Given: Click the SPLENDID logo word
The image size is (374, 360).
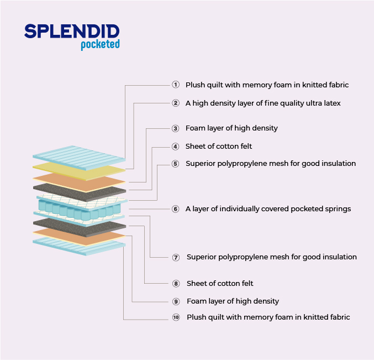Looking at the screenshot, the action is point(72,31).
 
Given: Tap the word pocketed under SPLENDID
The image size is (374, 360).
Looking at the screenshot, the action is point(100,44).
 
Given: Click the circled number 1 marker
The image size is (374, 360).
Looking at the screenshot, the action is point(176,85).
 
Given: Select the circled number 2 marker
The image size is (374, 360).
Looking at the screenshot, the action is point(176,103).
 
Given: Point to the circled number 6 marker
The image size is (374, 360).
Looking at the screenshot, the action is point(176,209).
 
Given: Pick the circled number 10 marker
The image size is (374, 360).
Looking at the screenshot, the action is point(176,317).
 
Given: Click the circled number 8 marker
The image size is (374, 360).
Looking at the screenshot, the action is point(176,284).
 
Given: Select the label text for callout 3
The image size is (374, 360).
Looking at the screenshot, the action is point(231,128).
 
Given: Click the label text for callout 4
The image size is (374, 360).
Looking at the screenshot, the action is point(219,146).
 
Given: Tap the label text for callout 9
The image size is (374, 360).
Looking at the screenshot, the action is point(233,301).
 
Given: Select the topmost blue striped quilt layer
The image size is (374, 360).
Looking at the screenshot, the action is point(79,158).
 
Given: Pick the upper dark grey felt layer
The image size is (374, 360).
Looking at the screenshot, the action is point(80,192).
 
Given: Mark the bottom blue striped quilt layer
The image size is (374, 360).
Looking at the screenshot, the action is point(80,247).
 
